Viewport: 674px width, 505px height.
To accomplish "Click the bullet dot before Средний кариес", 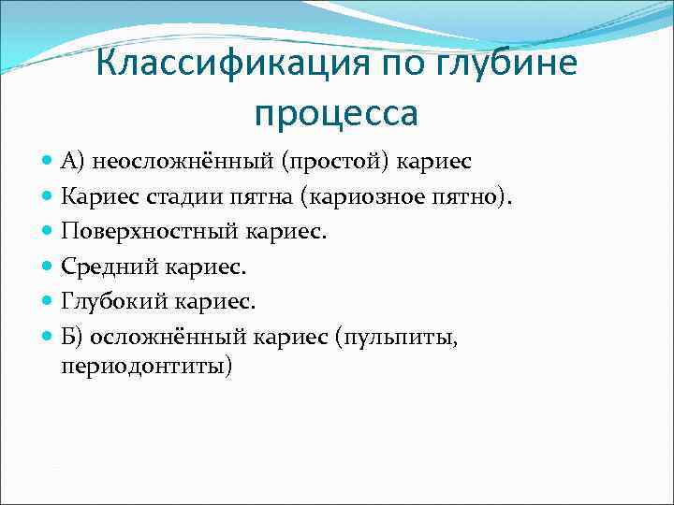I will click(x=48, y=267).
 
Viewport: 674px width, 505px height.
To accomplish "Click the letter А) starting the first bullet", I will click(x=73, y=163).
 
